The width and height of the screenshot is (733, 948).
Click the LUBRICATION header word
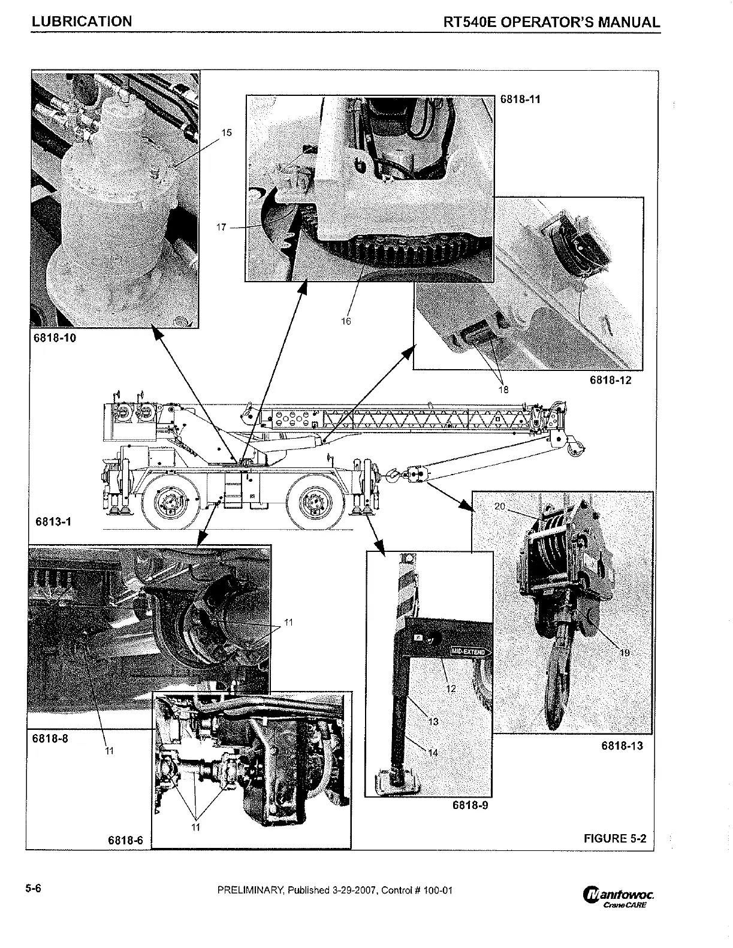82,22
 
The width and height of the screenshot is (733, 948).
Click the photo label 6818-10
54,337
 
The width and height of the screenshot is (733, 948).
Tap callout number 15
227,132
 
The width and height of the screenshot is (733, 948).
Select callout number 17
222,227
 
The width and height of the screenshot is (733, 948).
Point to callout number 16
346,321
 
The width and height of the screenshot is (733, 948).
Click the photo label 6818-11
520,99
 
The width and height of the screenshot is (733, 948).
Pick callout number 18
503,390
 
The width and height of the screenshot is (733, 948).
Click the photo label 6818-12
611,380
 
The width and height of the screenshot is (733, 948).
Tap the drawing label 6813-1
53,521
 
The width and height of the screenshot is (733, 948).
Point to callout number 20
500,506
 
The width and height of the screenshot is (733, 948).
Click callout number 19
625,653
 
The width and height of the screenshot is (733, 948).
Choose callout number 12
451,689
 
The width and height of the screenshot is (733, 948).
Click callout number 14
433,753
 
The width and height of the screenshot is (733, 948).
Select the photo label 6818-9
470,805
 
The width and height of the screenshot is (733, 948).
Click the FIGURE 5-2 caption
615,838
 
